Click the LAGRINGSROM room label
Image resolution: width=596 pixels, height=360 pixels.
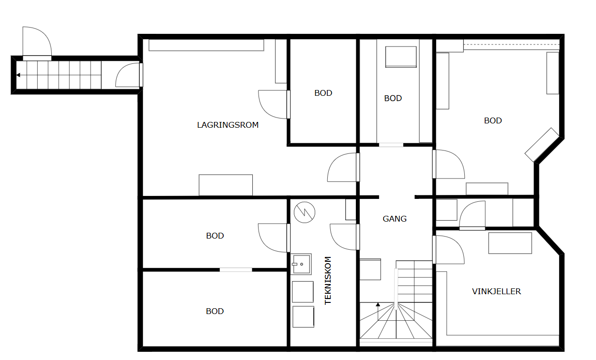(228, 125)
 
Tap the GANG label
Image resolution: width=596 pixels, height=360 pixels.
(395, 219)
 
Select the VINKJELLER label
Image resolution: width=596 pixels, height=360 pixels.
(496, 291)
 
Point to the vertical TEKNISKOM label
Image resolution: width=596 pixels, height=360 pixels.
(328, 281)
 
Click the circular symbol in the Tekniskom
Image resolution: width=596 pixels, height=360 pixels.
(305, 212)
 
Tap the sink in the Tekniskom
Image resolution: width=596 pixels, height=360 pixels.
(301, 264)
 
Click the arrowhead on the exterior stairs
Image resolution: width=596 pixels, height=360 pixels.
(18, 75)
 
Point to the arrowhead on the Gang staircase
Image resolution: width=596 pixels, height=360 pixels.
(378, 305)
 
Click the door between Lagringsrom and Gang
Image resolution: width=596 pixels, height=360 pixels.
(344, 167)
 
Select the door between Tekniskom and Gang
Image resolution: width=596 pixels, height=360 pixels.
(345, 237)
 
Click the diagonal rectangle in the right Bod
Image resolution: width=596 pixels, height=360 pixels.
(542, 145)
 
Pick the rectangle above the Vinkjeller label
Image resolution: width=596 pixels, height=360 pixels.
(510, 243)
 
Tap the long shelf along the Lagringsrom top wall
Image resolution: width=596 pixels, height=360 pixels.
(206, 45)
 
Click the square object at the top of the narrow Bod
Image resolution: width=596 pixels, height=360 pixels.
(401, 57)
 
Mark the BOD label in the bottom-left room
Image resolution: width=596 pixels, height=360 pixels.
(214, 311)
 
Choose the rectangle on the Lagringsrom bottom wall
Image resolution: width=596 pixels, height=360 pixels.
(226, 185)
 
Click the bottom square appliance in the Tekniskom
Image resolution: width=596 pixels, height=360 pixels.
(303, 316)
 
